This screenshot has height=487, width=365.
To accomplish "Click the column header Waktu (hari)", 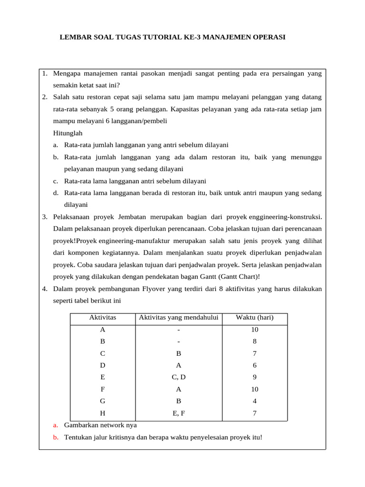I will click(x=254, y=318).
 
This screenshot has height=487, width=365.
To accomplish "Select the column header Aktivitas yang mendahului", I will click(x=178, y=318).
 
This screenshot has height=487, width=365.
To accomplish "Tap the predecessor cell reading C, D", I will click(x=178, y=377).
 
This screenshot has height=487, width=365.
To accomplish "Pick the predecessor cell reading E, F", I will click(x=178, y=413).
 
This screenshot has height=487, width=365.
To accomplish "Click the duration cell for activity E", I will click(x=254, y=377).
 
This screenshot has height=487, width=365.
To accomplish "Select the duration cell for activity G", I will click(x=254, y=401).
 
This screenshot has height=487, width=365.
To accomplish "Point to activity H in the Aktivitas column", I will click(x=103, y=413).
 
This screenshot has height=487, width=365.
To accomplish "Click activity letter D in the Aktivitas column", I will click(x=103, y=365).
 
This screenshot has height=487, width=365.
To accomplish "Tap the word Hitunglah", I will click(x=68, y=133).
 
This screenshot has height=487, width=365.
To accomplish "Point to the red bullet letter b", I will click(x=56, y=438).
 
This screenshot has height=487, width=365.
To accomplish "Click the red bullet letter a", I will click(x=56, y=425).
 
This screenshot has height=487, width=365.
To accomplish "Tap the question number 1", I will click(x=44, y=74).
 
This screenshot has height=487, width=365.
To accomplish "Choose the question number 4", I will click(x=44, y=289).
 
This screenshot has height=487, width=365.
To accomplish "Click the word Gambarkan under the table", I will click(x=81, y=425).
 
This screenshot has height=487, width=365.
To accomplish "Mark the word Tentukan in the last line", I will click(x=78, y=438).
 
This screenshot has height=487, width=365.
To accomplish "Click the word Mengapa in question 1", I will click(x=67, y=74).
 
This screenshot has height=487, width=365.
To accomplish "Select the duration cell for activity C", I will click(x=254, y=353).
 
